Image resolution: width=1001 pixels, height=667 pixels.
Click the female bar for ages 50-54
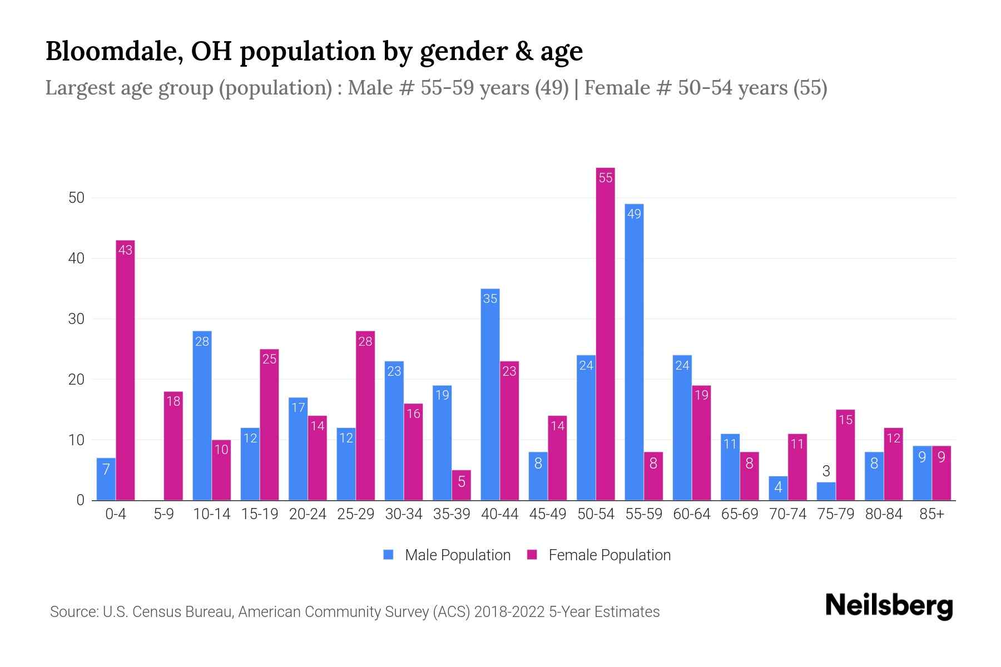point(605,333)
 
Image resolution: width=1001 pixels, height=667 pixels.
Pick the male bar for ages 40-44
point(490,395)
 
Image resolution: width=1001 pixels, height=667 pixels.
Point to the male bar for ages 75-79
point(826,491)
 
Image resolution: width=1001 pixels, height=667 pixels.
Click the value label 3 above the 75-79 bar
point(826,471)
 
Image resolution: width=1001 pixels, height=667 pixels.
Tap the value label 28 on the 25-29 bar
point(365,341)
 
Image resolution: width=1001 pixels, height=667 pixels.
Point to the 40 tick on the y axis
point(76,258)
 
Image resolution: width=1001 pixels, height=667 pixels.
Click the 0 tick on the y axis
point(80,500)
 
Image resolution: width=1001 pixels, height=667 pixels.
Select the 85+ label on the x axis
point(931,514)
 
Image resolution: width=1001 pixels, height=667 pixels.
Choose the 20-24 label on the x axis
point(308,514)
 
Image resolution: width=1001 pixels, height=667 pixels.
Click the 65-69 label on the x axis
point(739,514)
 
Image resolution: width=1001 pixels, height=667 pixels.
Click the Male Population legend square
point(388,555)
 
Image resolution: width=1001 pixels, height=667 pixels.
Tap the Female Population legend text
point(609,555)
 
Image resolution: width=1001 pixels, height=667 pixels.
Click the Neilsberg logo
point(889,606)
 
